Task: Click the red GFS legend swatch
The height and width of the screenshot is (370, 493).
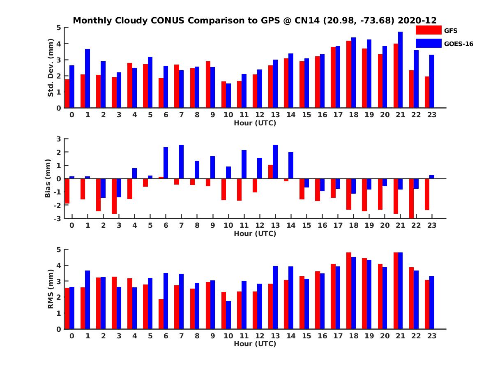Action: tap(428, 30)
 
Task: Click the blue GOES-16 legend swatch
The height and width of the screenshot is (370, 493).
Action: tap(428, 43)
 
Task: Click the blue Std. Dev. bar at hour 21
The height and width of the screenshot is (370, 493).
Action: tap(400, 70)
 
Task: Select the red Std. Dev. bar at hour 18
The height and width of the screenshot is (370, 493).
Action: tap(349, 74)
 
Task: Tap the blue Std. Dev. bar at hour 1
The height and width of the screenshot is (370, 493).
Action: tap(88, 79)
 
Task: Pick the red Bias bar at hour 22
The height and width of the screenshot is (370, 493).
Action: tap(411, 198)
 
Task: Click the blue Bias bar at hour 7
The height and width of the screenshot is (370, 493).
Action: tap(181, 162)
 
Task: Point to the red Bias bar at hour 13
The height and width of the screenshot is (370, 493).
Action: tap(270, 172)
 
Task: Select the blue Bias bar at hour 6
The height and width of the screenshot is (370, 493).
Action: tap(166, 163)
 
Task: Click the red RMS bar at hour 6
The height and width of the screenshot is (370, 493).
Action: tap(161, 314)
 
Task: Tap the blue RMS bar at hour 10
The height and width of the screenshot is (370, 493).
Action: tap(228, 315)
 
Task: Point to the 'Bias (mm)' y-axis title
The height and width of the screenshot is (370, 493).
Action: tap(48, 178)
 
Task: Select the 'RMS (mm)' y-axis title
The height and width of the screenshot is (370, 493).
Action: tap(51, 289)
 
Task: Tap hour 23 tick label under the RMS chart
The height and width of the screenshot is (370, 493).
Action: tap(432, 335)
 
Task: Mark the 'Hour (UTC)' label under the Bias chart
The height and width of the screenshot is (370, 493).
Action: tap(255, 234)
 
